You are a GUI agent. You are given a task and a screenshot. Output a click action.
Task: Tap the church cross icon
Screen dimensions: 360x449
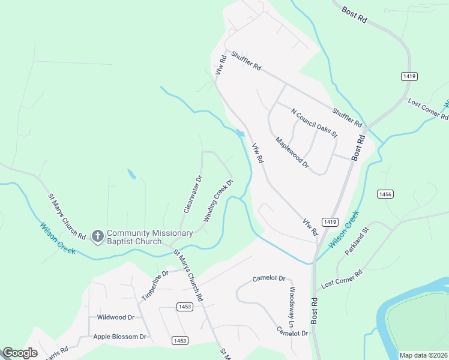[98, 236]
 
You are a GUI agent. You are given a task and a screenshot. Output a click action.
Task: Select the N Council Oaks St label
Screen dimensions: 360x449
[315, 122]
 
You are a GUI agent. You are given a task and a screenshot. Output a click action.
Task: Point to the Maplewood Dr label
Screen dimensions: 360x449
[292, 152]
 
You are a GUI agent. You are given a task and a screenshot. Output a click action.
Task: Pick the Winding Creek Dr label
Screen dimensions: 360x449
[217, 201]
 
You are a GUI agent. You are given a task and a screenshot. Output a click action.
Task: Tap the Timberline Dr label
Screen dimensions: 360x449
[152, 286]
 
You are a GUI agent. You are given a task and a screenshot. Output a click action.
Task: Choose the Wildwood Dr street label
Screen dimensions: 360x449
[115, 317]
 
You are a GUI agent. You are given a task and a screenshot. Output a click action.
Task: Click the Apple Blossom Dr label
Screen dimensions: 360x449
[120, 337]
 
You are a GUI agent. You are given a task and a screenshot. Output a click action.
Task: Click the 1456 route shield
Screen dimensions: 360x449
[385, 194]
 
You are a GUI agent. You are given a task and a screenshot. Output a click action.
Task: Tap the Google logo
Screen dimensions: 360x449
[20, 352]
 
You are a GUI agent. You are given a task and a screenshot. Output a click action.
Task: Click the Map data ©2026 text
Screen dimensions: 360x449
[423, 355]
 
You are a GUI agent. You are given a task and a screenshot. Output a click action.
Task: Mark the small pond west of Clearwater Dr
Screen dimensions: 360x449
[131, 175]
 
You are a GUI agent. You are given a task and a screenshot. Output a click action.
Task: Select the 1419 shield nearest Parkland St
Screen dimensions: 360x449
[328, 222]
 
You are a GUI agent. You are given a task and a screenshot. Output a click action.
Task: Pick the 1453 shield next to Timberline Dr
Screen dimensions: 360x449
[185, 307]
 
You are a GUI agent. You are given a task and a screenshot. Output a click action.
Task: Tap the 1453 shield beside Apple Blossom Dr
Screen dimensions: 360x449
[179, 340]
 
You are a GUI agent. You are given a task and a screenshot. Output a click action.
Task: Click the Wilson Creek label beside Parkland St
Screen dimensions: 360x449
[344, 229]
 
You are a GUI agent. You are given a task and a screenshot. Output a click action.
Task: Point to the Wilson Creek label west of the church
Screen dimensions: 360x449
[58, 238]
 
